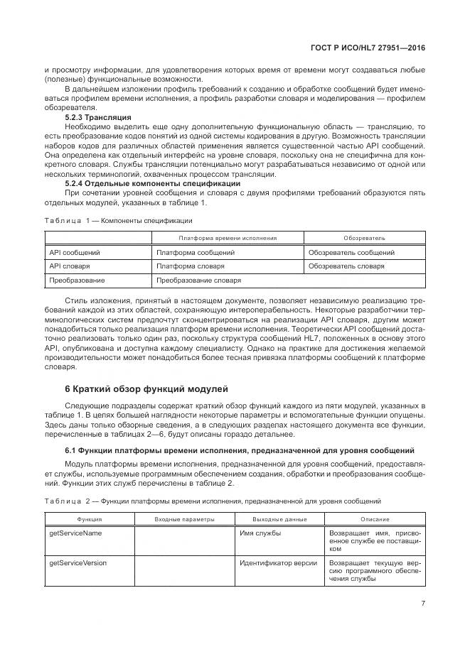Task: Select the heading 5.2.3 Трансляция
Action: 98,116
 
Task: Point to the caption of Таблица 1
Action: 114,220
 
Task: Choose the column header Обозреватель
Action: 364,238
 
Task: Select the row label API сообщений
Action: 74,252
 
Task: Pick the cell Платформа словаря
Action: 191,266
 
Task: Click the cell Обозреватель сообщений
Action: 351,252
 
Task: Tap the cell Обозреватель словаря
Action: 346,266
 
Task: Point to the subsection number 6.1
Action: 71,452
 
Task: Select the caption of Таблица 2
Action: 213,501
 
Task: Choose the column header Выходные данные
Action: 281,519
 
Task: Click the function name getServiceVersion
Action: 78,562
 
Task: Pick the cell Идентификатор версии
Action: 279,562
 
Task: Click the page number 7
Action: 422,604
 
